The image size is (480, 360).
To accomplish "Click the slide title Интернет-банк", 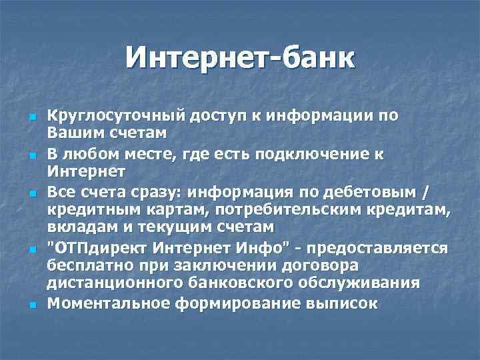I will tap(240, 58).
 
